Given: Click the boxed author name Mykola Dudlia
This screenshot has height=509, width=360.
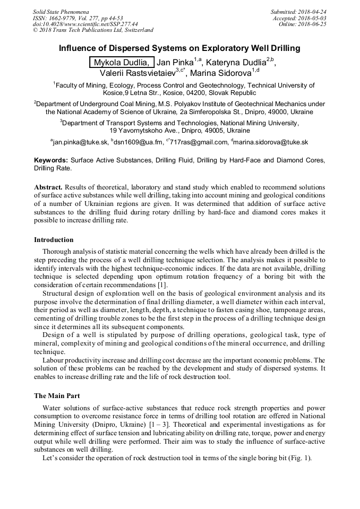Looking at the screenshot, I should pos(122,63).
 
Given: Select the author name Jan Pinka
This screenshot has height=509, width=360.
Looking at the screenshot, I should pos(175,63).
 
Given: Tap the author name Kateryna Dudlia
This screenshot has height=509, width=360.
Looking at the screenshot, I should pos(235,63).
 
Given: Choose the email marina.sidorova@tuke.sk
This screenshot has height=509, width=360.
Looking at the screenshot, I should pos(270,142).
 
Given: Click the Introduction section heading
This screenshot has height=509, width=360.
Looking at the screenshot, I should pos(54,240).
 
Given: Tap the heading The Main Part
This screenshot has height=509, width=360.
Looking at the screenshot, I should pos(57,396).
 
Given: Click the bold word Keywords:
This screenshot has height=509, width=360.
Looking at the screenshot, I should pos(50,160).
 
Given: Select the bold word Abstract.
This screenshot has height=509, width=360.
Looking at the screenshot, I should pos(49,188).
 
